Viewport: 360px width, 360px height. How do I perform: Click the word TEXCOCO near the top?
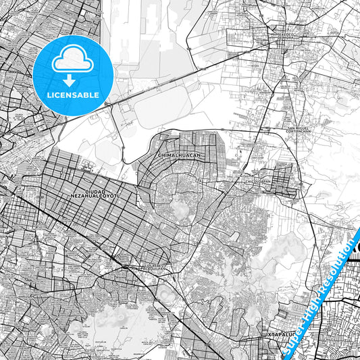point(278,32)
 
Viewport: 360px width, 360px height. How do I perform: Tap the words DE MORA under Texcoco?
point(278,37)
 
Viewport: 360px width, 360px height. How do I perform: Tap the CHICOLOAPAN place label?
point(257,182)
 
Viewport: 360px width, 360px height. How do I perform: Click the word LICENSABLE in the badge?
point(73,95)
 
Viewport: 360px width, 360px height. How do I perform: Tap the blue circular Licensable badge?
point(72,75)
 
